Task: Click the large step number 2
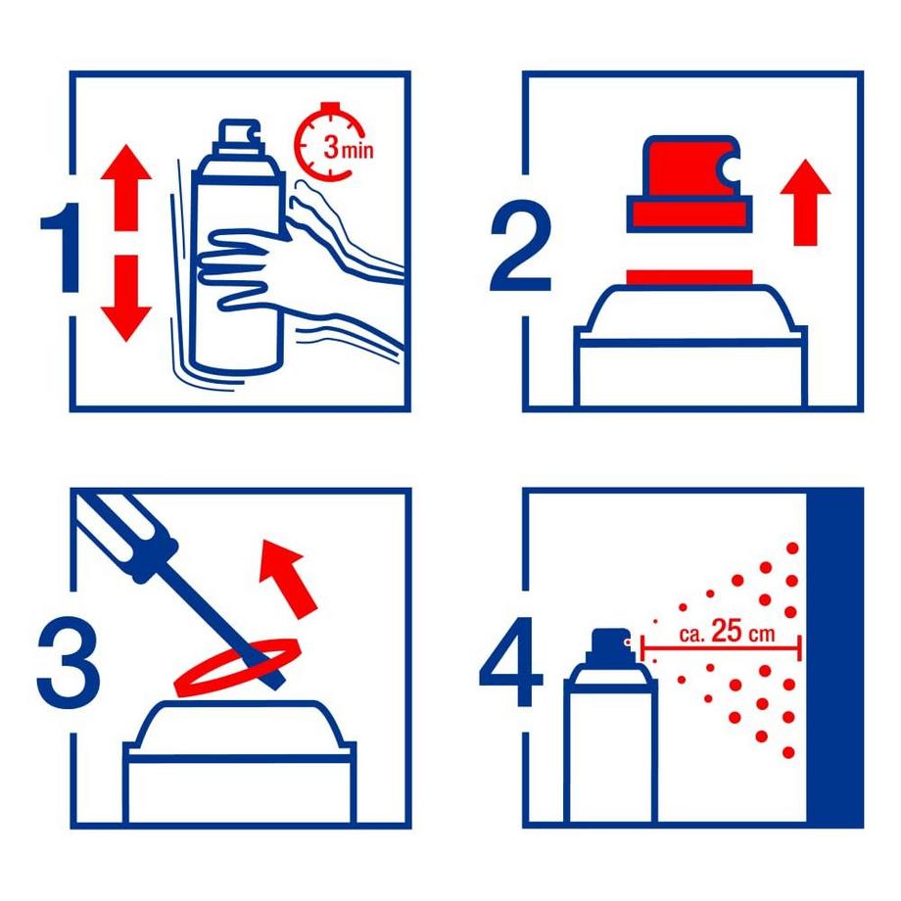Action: [520, 246]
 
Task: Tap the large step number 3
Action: [68, 662]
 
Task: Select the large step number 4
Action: [510, 662]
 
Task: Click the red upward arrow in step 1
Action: [125, 188]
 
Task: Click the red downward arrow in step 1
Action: [125, 299]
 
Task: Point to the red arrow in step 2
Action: [805, 203]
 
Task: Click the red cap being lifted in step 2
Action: [688, 184]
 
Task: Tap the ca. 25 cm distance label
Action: [727, 632]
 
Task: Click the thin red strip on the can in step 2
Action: [688, 277]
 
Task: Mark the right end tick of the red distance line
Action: [799, 648]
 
